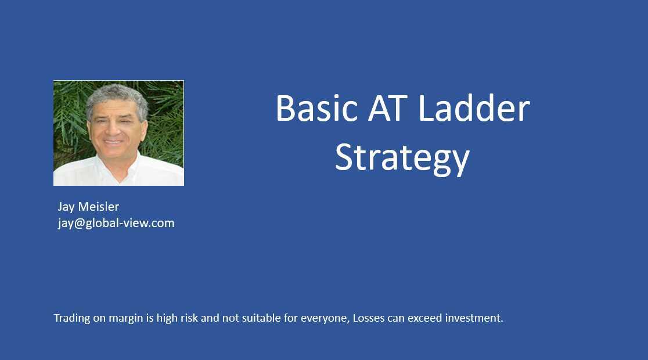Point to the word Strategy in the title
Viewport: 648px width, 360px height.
[x=402, y=158]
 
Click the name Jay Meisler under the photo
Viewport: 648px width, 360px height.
[x=88, y=207]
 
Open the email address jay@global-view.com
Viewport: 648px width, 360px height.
[x=116, y=223]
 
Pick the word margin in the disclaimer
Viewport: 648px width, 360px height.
[x=124, y=318]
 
